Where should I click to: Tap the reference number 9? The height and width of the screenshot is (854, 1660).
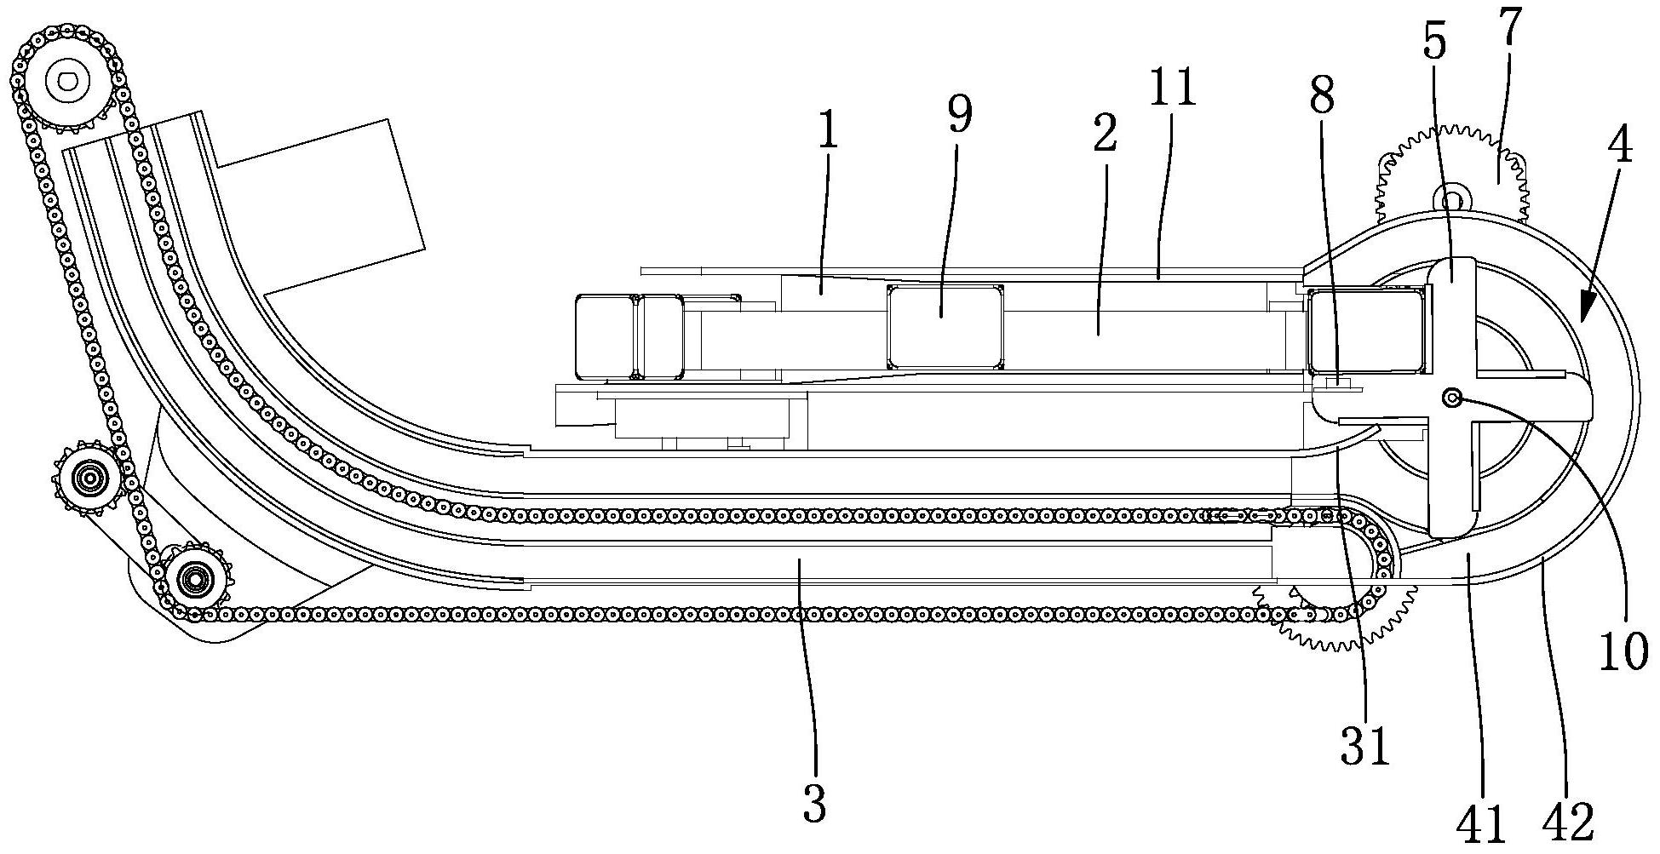pyautogui.click(x=959, y=115)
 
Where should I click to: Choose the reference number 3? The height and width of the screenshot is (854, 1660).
pyautogui.click(x=814, y=803)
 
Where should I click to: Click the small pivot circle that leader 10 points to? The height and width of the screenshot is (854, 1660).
pyautogui.click(x=1452, y=397)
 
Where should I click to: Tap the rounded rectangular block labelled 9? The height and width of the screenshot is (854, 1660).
pyautogui.click(x=944, y=327)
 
